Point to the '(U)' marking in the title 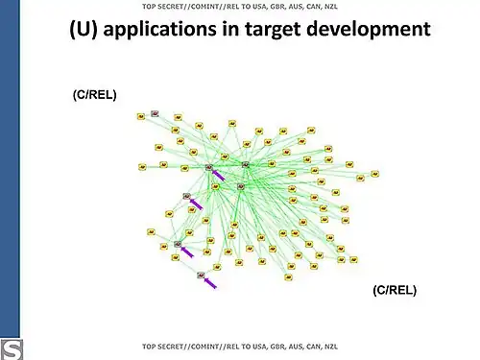coord(83,30)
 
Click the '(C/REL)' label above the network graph coord(94,95)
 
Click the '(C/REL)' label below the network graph coord(395,289)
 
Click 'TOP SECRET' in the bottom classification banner coord(163,345)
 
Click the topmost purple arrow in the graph coord(219,176)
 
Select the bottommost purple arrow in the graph coord(209,282)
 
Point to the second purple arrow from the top coord(197,203)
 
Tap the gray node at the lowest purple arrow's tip coord(201,276)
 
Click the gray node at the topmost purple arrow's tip coord(209,168)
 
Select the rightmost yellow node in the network coord(375,174)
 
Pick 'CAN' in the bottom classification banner coord(311,345)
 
